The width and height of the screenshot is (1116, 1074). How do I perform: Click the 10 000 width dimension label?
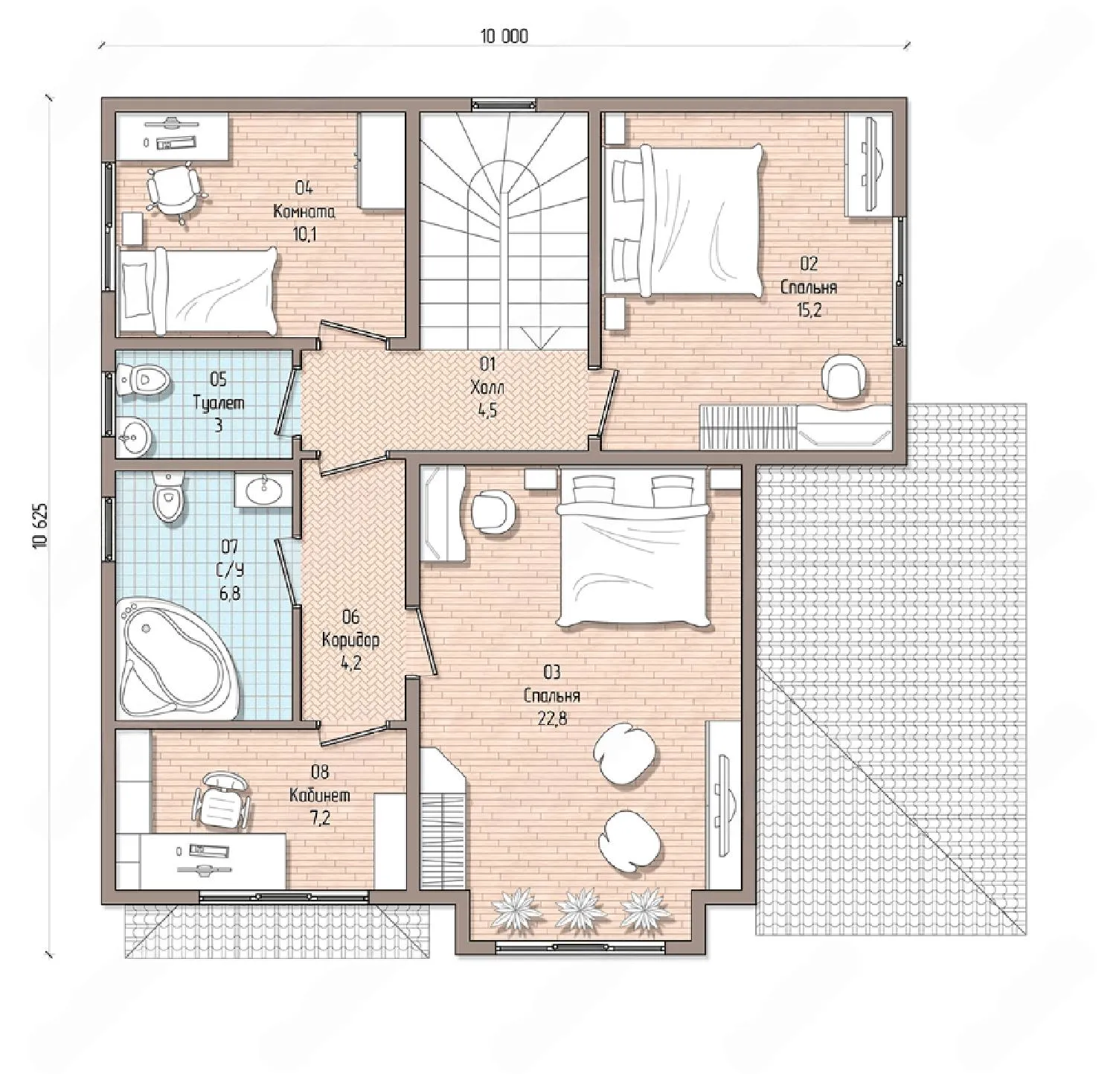tap(504, 36)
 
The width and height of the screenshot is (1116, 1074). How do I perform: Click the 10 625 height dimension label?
tap(40, 526)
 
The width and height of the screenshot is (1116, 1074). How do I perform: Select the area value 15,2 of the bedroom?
tap(809, 310)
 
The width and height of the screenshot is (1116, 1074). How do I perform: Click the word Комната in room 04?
tap(304, 211)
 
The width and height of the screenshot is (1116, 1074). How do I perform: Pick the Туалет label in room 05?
tap(218, 403)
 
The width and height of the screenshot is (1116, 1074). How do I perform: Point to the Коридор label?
tap(350, 639)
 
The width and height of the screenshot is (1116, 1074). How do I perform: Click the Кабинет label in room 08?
tap(320, 795)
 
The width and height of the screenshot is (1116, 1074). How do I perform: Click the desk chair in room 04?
tap(174, 189)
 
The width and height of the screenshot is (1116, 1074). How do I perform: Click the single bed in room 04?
tap(196, 291)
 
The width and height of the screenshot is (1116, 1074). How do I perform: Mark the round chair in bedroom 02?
tap(845, 378)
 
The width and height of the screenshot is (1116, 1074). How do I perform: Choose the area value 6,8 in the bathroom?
tap(230, 593)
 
